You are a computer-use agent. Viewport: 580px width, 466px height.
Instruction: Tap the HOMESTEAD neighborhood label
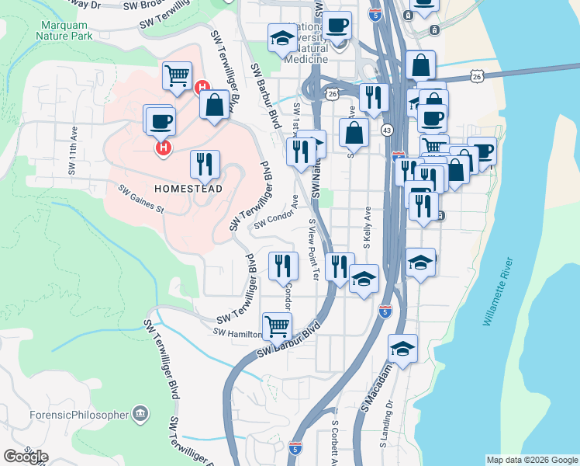coord(188,189)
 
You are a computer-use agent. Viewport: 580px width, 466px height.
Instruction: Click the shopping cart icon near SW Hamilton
coord(277,327)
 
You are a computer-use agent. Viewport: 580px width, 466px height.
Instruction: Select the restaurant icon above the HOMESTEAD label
coord(205,164)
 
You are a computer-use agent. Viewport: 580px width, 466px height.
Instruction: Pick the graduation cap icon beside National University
coord(281,37)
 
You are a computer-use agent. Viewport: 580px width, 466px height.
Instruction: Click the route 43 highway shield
coord(386,130)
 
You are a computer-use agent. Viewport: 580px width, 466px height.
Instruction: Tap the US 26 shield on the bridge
coord(476,75)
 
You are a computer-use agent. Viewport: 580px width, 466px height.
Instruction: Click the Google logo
coord(26,457)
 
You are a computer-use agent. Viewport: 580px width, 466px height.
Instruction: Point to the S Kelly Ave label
coord(368,227)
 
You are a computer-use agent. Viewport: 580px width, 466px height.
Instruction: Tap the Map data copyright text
coord(531,460)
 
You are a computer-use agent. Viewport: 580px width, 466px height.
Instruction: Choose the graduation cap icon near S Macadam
coord(402,349)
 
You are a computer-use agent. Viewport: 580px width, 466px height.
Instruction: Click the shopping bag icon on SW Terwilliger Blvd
coord(214,106)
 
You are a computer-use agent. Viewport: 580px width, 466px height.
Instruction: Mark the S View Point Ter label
coord(313,249)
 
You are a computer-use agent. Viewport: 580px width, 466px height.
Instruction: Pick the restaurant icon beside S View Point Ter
coord(339,267)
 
